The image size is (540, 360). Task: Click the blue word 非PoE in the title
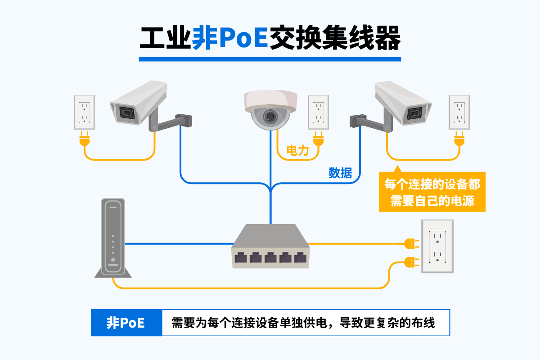tap(230, 38)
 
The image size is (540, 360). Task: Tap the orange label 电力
tap(297, 150)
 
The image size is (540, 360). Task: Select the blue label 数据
tap(340, 172)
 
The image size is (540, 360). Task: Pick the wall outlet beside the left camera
tap(84, 112)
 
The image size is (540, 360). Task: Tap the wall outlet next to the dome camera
tap(319, 112)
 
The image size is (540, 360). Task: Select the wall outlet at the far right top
tap(459, 112)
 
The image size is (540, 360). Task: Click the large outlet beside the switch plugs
tap(437, 246)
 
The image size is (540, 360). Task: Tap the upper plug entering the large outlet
tap(411, 244)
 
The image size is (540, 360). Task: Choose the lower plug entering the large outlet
tap(411, 261)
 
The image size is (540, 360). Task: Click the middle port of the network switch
tap(270, 258)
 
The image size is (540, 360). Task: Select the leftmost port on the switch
tap(241, 258)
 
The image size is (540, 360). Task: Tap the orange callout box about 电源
tap(432, 192)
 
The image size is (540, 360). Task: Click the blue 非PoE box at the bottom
tap(126, 323)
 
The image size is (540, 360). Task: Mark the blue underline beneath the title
tap(270, 59)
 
